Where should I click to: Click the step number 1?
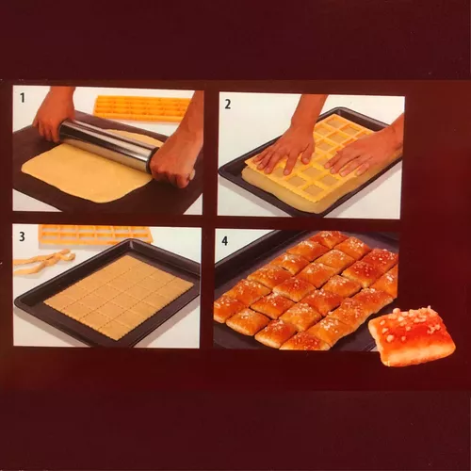[23, 98]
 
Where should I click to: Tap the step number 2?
[227, 104]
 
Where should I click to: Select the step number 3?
[22, 236]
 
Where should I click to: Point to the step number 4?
[225, 241]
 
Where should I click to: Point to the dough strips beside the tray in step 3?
[44, 261]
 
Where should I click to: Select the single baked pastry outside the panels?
[412, 336]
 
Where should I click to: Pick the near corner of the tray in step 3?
[104, 346]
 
